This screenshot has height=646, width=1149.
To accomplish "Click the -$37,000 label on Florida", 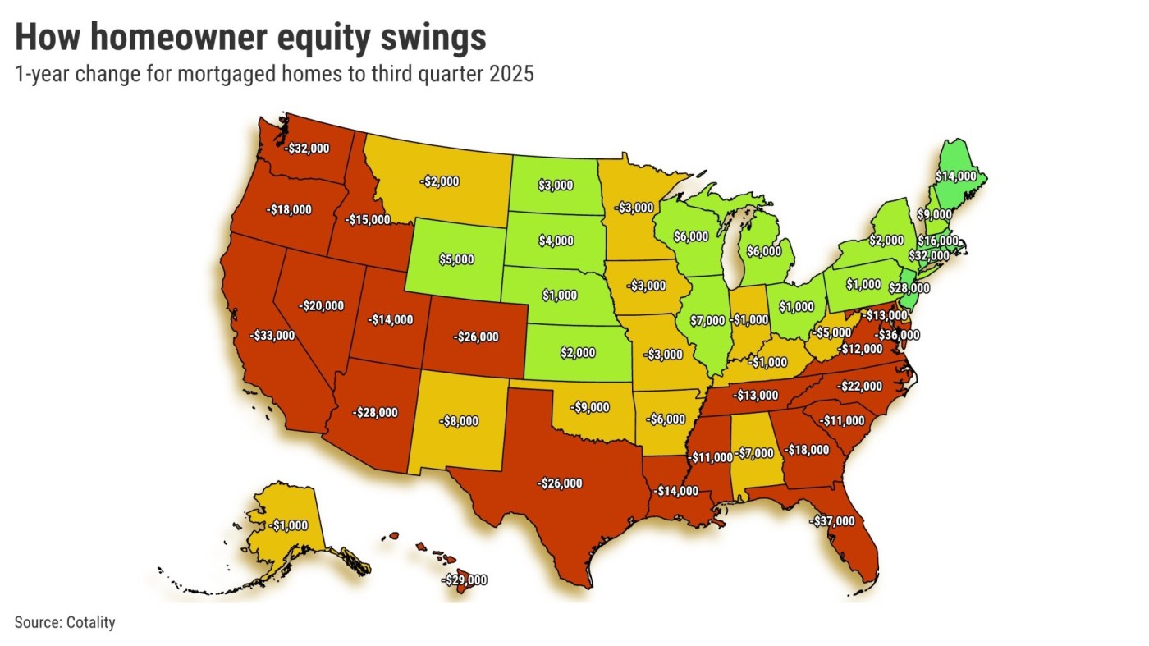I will click(831, 520).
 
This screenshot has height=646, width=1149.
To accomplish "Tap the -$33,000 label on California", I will click(272, 335).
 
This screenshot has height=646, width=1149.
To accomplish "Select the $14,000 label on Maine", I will click(956, 176).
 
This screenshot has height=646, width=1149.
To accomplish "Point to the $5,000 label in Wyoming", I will click(457, 259).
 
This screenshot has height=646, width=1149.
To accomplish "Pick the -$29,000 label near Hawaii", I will click(464, 580).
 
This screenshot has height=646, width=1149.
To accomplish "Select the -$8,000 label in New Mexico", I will click(456, 421).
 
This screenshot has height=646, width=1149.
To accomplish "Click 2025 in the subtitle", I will click(510, 74).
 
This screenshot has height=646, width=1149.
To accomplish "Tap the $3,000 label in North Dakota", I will click(556, 186).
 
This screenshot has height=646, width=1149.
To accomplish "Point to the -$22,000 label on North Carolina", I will click(859, 386).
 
